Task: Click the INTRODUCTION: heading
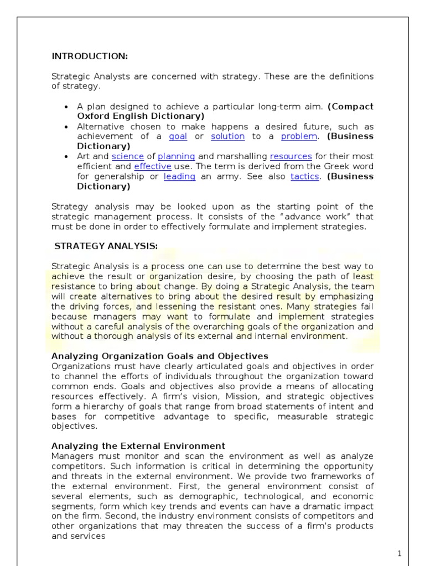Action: (89, 56)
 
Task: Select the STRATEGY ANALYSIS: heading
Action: (106, 247)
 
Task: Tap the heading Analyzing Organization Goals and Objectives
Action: (160, 356)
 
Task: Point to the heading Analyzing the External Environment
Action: (138, 446)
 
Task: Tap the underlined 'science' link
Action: (128, 156)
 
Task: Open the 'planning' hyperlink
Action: (177, 156)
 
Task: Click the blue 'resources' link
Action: (291, 156)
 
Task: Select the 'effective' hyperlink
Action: (152, 166)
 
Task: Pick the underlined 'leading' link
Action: (179, 176)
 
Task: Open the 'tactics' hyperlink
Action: (305, 176)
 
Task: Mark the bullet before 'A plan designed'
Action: (66, 107)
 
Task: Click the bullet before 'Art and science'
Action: (66, 157)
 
